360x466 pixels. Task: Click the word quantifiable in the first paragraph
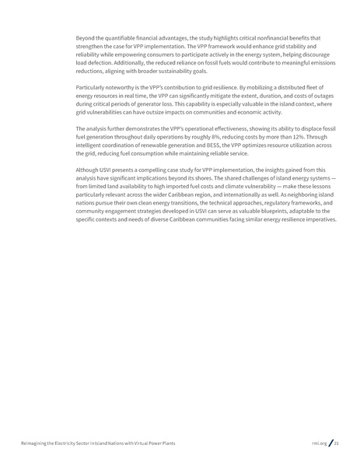(124, 37)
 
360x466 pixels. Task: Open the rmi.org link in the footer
(318, 443)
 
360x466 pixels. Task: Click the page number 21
(337, 443)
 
